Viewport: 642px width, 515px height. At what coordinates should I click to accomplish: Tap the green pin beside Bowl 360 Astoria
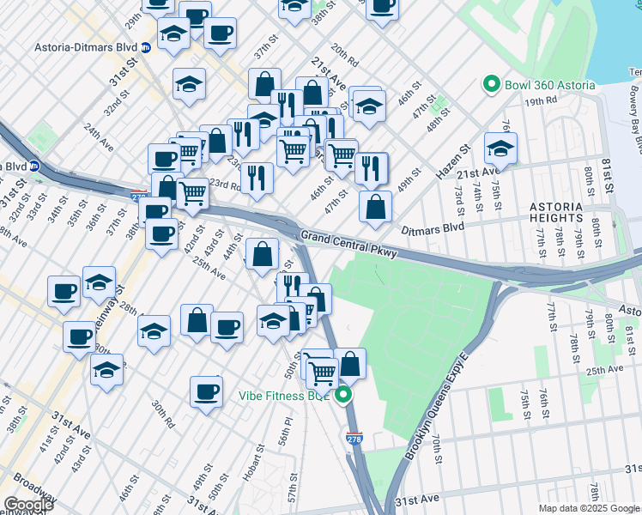point(492,84)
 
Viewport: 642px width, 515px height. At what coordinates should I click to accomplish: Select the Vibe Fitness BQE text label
point(284,396)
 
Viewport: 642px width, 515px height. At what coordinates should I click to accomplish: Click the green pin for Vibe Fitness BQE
point(343,396)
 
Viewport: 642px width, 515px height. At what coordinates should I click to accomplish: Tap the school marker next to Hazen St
point(500,149)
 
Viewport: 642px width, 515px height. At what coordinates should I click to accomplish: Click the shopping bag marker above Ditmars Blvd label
point(375,207)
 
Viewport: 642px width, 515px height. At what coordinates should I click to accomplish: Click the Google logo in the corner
point(28,505)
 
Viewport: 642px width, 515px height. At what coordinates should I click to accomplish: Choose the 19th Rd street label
point(542,100)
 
